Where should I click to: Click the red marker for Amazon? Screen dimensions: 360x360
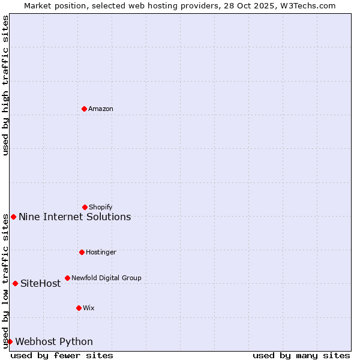pos(84,109)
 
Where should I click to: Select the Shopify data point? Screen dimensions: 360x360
pos(85,207)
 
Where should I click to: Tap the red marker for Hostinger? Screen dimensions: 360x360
pos(82,252)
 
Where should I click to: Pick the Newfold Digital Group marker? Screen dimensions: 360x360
pos(67,278)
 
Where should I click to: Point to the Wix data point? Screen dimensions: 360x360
pos(79,308)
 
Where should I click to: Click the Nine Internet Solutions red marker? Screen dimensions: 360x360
pos(13,217)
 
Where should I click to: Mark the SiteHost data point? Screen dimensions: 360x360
pos(15,283)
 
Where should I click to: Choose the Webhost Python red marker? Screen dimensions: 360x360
pos(10,341)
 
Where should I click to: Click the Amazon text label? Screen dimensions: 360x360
pos(101,109)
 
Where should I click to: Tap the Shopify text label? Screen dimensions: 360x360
pos(101,208)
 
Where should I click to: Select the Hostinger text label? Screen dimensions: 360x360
pos(101,253)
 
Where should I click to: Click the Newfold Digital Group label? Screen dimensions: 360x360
pos(106,278)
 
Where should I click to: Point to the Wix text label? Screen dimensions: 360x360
pos(89,308)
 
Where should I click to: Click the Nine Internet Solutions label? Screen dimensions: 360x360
pos(74,217)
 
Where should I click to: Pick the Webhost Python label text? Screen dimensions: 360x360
pos(54,342)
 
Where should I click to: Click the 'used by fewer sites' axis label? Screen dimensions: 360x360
pos(62,355)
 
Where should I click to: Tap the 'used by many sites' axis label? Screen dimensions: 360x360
pos(301,355)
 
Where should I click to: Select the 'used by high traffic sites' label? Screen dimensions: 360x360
pos(5,85)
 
